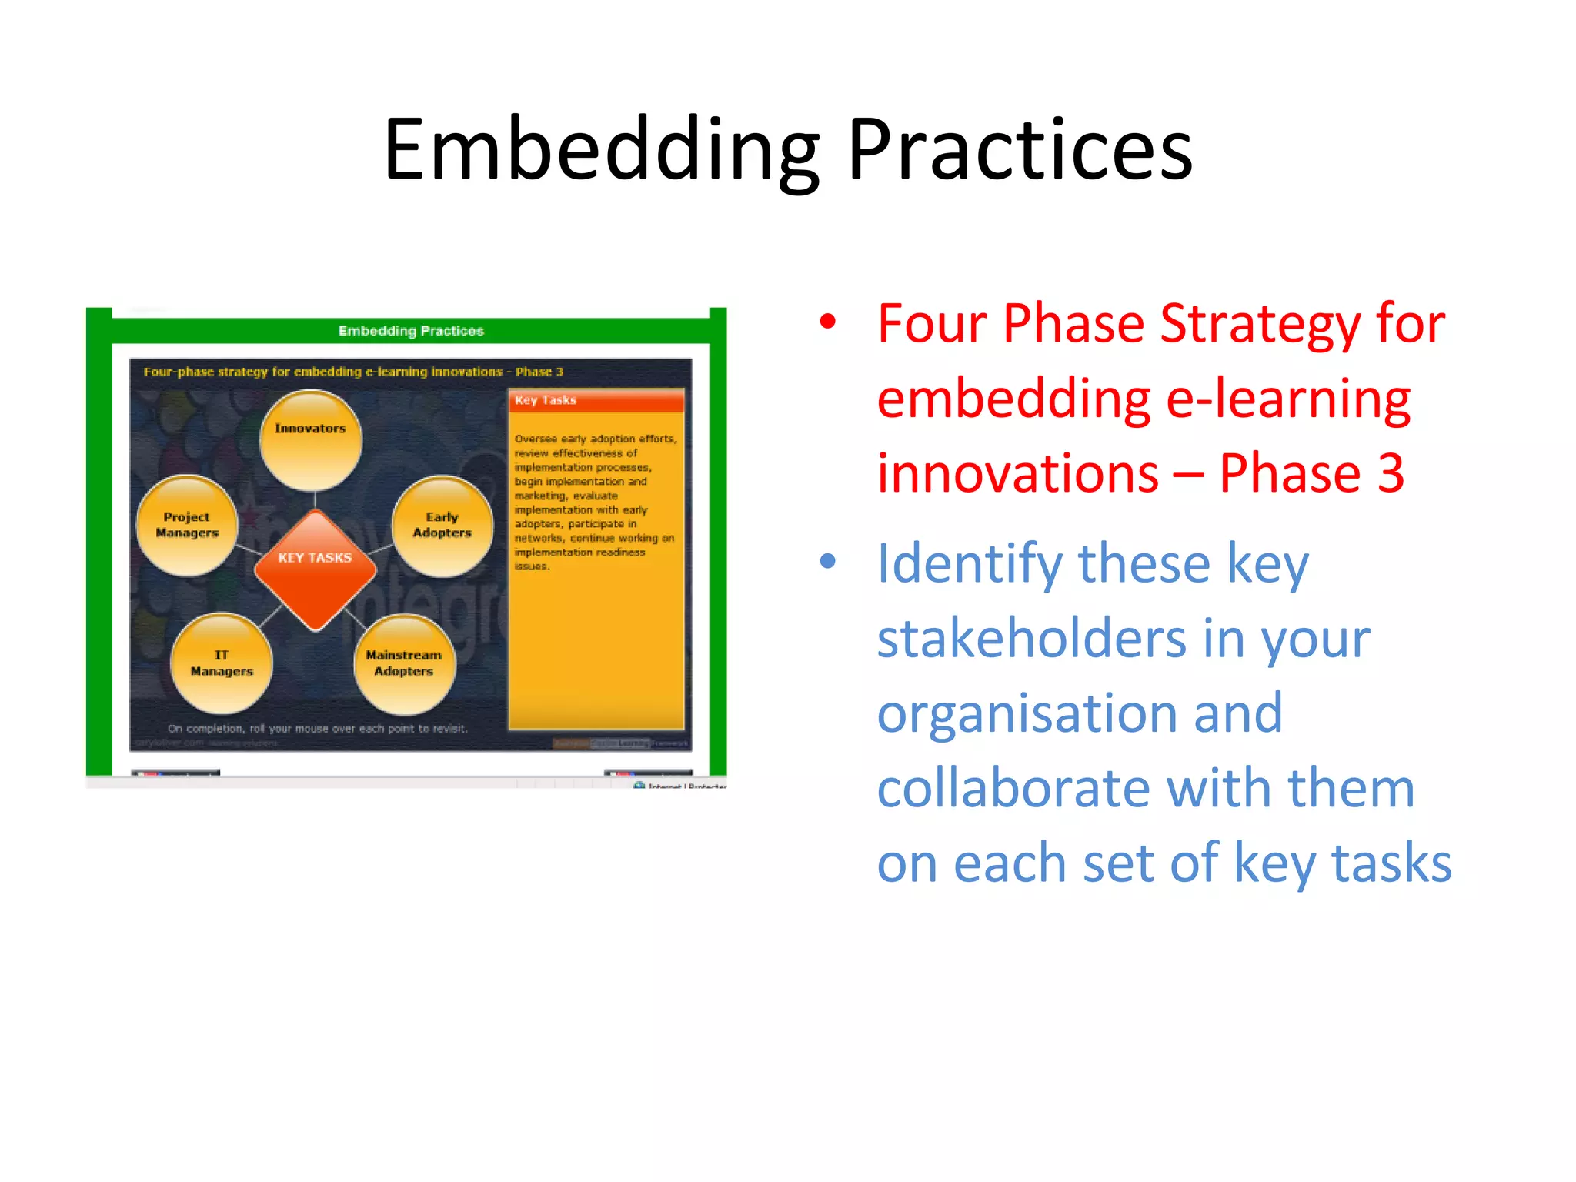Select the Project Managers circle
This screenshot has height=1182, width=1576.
coord(187,526)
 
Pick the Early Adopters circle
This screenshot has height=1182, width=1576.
coord(442,526)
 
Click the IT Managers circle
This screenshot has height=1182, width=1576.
coord(222,663)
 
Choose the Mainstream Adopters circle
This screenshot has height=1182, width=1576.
coord(404,663)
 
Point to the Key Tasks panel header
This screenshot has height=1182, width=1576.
coord(596,400)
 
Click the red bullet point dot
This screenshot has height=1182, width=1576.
coord(827,322)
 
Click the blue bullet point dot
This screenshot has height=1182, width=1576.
coord(827,561)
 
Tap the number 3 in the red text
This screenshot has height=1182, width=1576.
coord(1391,472)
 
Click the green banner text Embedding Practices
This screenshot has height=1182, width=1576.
coord(411,331)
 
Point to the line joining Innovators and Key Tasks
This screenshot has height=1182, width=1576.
coord(314,500)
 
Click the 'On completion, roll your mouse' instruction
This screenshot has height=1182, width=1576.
coord(317,728)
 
